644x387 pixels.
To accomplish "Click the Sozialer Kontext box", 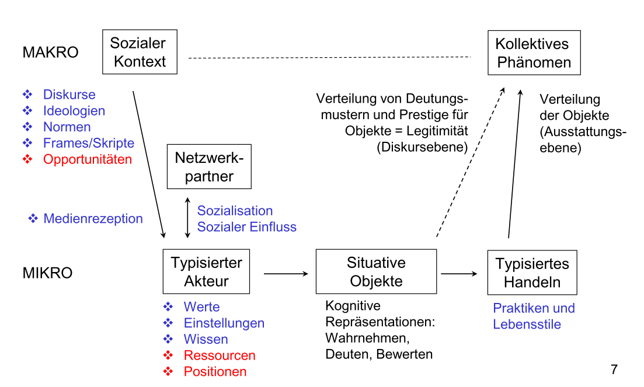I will click(139, 52).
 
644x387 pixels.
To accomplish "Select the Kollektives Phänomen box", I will click(534, 53).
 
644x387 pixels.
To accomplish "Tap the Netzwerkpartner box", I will click(209, 166).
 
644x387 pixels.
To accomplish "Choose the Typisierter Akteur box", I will click(206, 271).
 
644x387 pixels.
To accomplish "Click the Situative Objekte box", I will click(376, 271).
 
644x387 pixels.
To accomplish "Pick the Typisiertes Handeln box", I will click(532, 273).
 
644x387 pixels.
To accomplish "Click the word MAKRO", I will click(50, 53).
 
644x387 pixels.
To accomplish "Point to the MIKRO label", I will click(47, 273).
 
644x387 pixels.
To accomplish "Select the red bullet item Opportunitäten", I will click(87, 159).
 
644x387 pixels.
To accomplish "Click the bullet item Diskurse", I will click(69, 95).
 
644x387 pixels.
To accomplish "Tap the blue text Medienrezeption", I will click(93, 219).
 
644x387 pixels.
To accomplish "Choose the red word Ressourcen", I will click(219, 355).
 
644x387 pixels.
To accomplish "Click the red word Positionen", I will click(215, 371).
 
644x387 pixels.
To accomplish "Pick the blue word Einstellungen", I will click(224, 323).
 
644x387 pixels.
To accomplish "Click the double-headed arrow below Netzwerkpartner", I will click(187, 218).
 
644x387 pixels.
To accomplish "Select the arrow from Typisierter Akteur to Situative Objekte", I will click(286, 273).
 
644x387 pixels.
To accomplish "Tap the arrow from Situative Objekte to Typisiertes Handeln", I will click(459, 273).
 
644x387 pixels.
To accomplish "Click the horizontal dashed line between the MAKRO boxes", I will click(329, 57).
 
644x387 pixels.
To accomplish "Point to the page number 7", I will click(614, 369).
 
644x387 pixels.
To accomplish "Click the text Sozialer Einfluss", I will click(246, 227).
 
